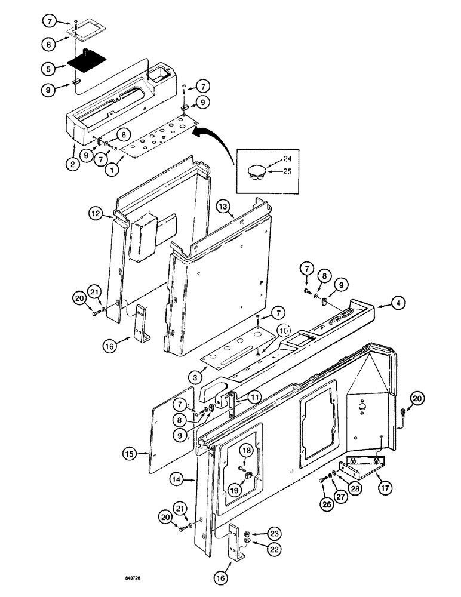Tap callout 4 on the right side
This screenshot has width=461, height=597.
click(x=399, y=303)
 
